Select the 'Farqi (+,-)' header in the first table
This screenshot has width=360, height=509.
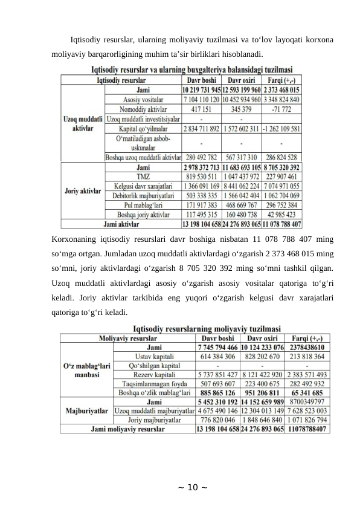point(282,79)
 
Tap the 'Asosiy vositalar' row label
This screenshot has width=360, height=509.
point(143,99)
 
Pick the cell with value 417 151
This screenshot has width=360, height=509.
point(201,109)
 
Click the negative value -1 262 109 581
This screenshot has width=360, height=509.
point(282,129)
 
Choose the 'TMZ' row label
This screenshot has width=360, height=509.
point(143,177)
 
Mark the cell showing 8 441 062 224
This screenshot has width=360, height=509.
point(241,186)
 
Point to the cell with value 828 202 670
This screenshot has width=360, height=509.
point(262,357)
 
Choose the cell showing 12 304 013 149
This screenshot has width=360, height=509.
point(262,410)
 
